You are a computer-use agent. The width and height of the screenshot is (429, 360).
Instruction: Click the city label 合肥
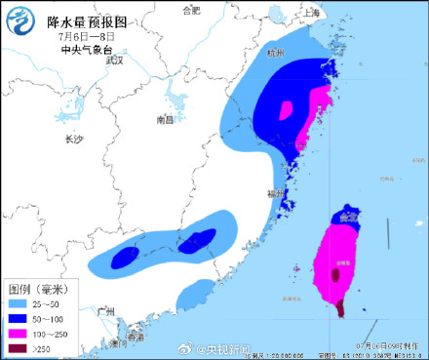pos(192,11)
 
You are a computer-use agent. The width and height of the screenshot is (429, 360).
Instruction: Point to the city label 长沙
pos(75,140)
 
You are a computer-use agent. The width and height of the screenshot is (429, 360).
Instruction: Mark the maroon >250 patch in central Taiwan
pos(336,276)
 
